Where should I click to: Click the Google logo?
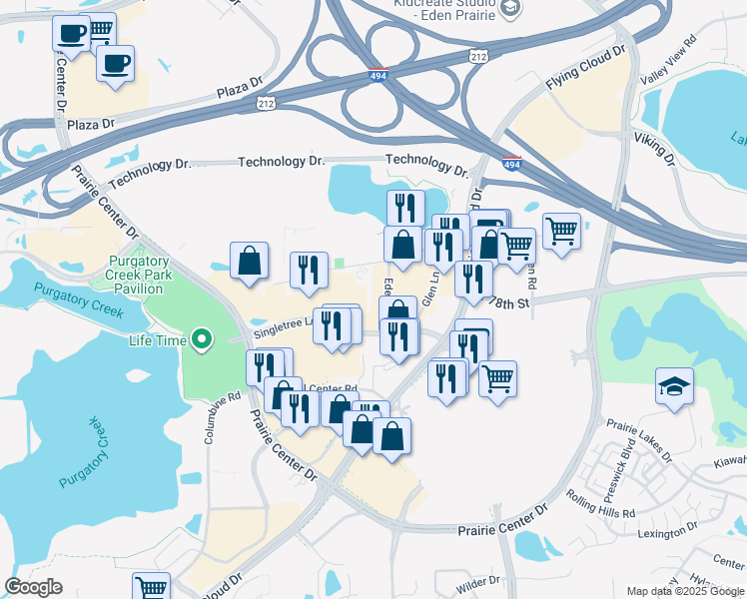coord(34,587)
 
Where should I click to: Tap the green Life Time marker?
coord(203,340)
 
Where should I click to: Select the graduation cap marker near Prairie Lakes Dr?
coord(674,386)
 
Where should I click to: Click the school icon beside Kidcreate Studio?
coord(511,9)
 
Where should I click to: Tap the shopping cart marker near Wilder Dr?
coord(151,587)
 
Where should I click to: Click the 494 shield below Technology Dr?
coord(511,165)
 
